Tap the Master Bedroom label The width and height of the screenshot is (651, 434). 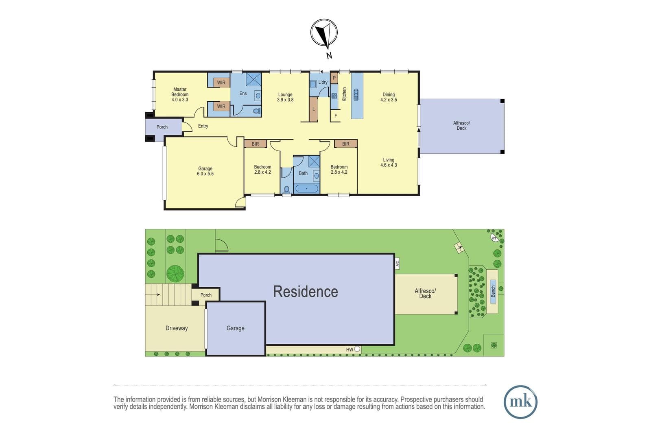[x=180, y=92]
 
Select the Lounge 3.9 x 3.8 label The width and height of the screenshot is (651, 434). [x=285, y=97]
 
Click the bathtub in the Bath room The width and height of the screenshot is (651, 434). [x=307, y=189]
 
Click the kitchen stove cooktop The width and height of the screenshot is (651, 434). [x=334, y=96]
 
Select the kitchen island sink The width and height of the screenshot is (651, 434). [x=356, y=95]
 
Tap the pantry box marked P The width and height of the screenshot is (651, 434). [x=334, y=78]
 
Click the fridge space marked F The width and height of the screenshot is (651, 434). [x=335, y=116]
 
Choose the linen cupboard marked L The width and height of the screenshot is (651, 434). [x=313, y=109]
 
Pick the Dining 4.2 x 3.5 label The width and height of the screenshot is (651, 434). [x=389, y=97]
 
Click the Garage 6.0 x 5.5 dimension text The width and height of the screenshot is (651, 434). [x=205, y=174]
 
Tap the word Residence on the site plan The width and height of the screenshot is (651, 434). [x=306, y=292]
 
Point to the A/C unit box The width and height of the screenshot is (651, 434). [x=397, y=264]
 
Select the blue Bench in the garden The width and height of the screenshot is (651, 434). [x=493, y=291]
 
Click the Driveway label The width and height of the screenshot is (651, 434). [x=177, y=328]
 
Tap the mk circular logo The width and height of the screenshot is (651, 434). [x=520, y=402]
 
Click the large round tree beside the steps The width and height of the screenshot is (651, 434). [x=175, y=274]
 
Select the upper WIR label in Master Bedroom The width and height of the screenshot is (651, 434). [x=221, y=83]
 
